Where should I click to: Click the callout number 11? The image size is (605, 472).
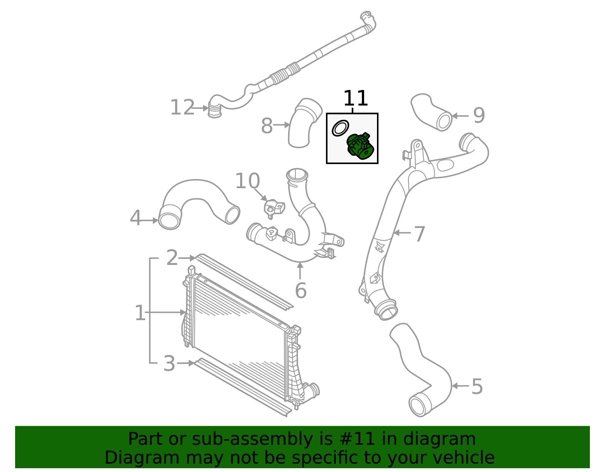coord(355,99)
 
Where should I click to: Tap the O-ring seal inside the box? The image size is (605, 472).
coord(340,128)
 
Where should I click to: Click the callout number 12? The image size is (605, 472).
coord(182,108)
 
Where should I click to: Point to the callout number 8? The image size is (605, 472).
coord(267,126)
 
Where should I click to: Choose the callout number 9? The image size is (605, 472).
coord(479,116)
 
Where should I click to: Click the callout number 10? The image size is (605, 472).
coord(247,181)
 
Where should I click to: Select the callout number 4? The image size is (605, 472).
coord(135,218)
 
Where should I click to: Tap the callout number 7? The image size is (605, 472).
coord(420,234)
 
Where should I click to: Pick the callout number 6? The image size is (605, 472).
coord(301,291)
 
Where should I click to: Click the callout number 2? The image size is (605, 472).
coord(172,258)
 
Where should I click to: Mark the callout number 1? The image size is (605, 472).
coord(140,313)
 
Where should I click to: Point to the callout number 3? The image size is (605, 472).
coord(169,364)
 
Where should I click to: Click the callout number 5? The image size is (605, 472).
coord(477,387)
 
